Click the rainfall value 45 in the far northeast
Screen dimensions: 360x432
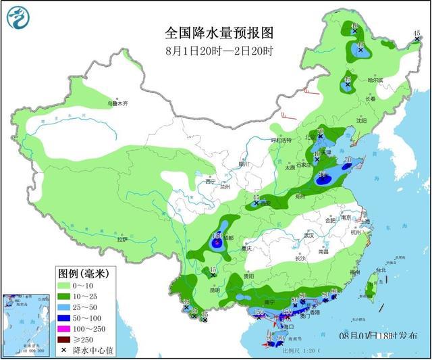[416, 33]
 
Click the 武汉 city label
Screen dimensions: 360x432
[310, 235]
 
